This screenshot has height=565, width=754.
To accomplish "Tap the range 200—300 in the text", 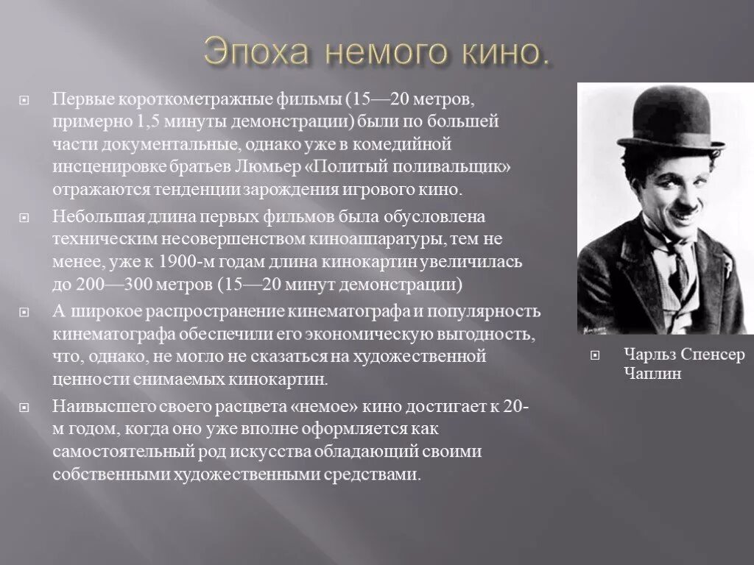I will [x=107, y=286].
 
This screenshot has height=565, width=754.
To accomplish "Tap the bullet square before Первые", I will [x=24, y=99].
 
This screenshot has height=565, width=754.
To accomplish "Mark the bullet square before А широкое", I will [x=24, y=313].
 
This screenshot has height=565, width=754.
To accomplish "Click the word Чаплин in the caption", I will [x=652, y=374].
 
